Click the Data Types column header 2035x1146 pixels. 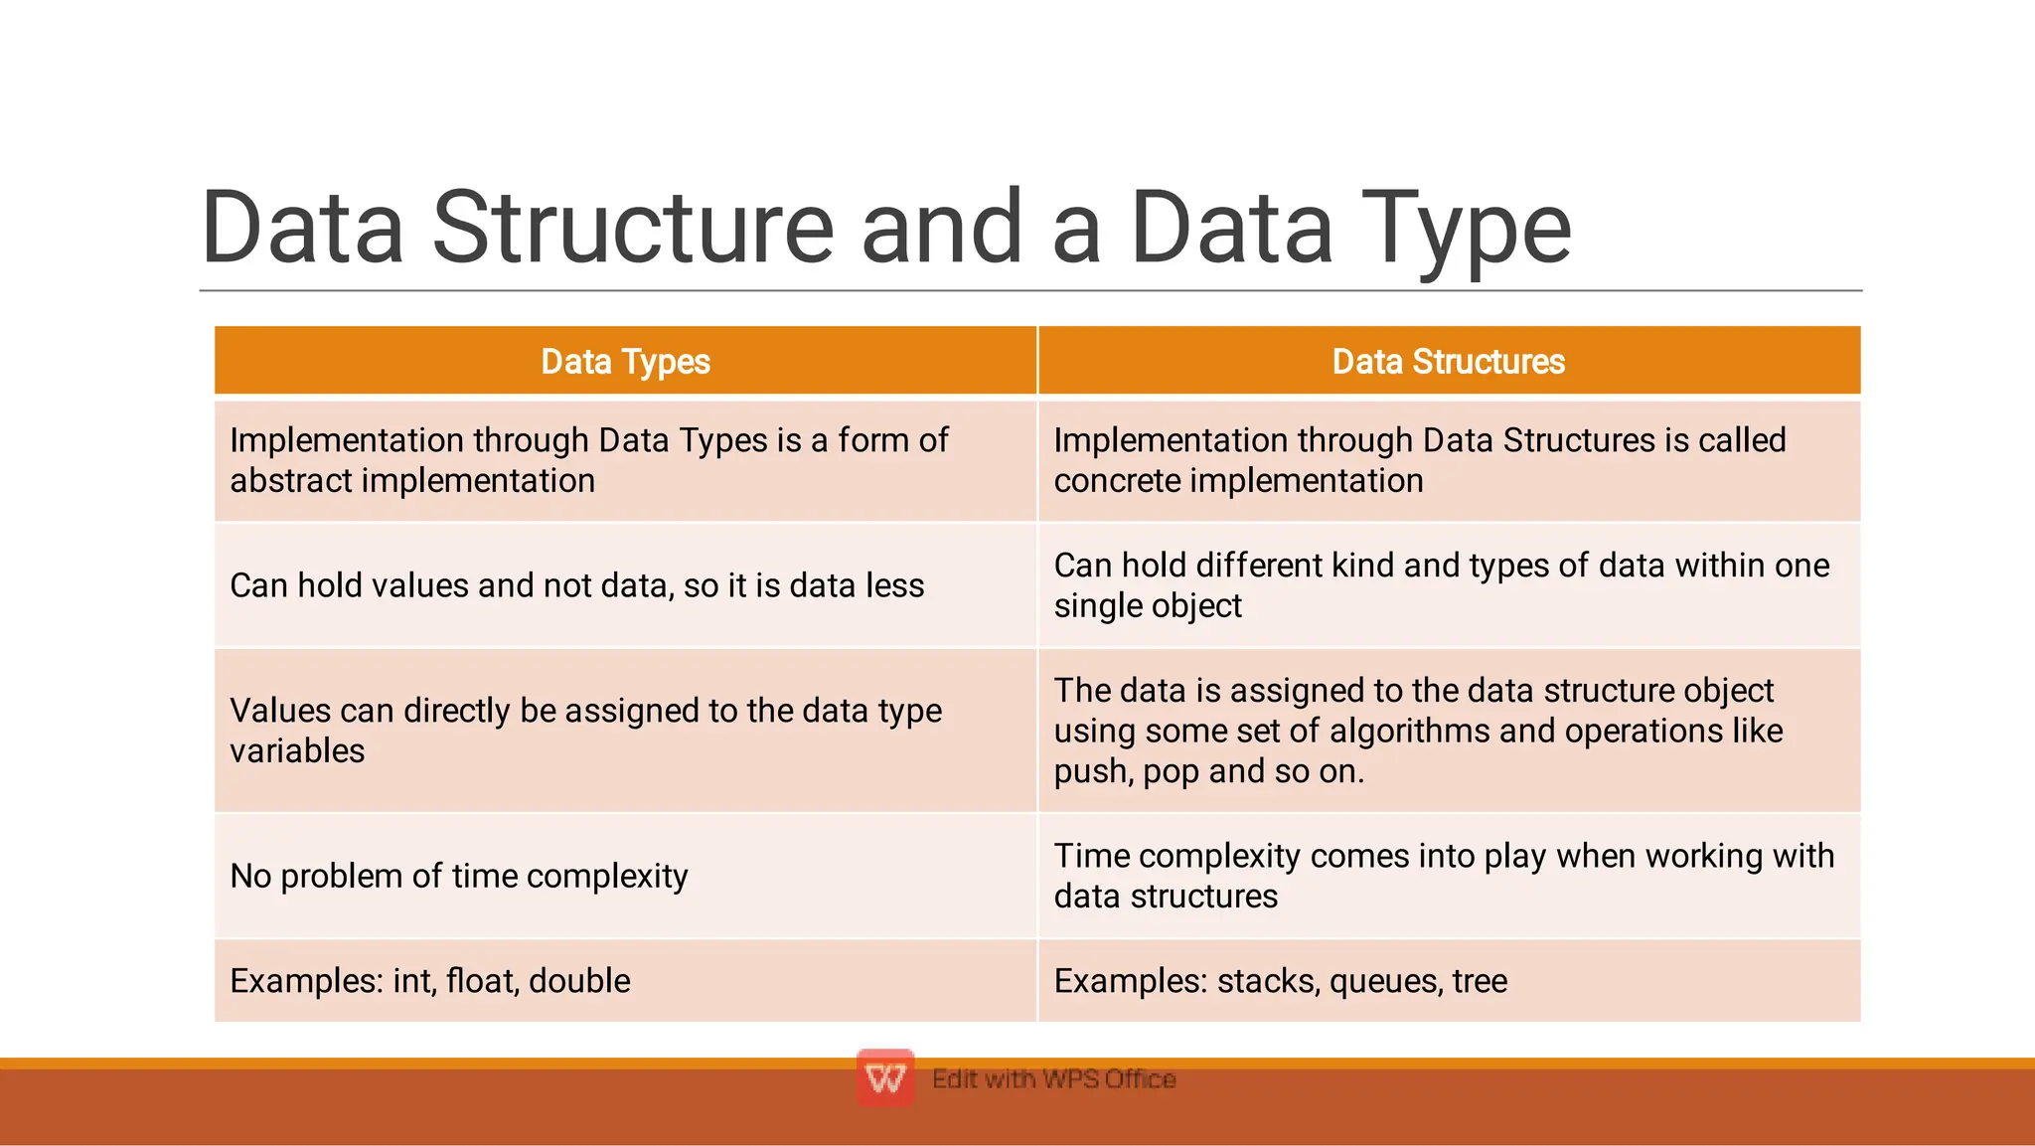click(x=625, y=362)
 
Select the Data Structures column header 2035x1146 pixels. click(x=1448, y=362)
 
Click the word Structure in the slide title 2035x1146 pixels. click(x=633, y=228)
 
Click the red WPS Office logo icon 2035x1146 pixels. click(x=884, y=1077)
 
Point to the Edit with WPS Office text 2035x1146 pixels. click(x=1053, y=1078)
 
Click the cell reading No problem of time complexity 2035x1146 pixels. click(x=459, y=876)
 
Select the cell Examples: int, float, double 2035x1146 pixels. click(x=430, y=981)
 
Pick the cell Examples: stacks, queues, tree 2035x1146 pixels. click(x=1280, y=981)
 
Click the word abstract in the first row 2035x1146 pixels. click(x=291, y=481)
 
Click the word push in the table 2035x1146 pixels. click(x=1091, y=771)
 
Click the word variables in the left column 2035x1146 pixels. click(x=297, y=751)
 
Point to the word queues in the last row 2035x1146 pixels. click(x=1384, y=982)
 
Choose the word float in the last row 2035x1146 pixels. click(x=481, y=981)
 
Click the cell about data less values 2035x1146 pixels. click(x=576, y=585)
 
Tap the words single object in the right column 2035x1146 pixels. click(x=1148, y=606)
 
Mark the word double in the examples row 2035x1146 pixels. click(x=579, y=981)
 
